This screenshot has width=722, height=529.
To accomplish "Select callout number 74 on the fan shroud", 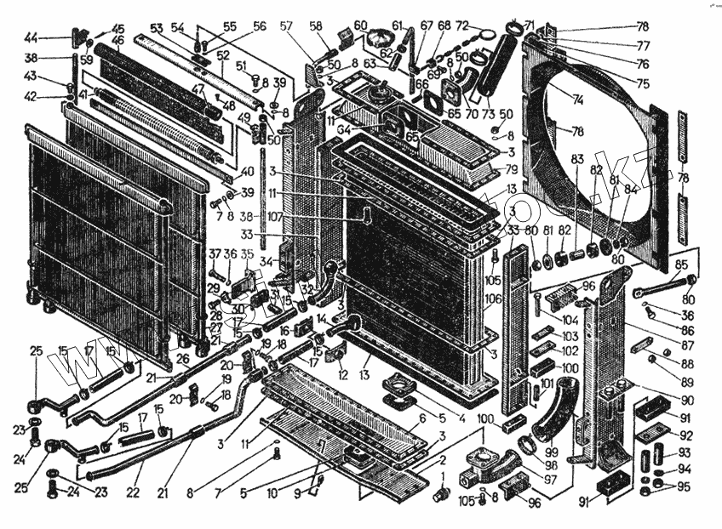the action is click(x=578, y=99).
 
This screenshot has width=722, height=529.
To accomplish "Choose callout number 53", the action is click(x=156, y=29).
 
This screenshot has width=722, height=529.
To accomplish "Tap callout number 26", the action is click(x=181, y=359).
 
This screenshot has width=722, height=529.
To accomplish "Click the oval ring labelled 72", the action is click(x=487, y=34).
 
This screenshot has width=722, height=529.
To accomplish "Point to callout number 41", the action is click(x=83, y=94).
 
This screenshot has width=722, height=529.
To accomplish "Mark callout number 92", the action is click(x=686, y=435).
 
